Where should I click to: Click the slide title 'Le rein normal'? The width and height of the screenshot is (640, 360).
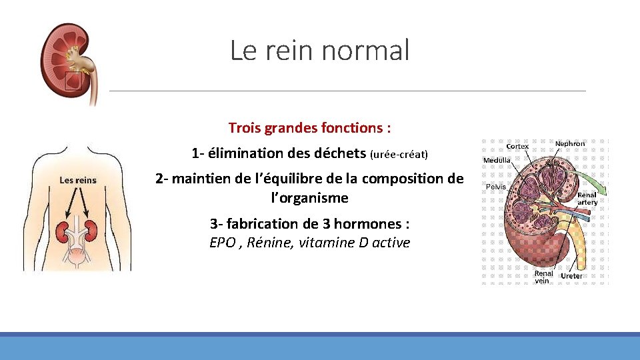pos(319,50)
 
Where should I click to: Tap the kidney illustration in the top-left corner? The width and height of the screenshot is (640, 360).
pos(67,60)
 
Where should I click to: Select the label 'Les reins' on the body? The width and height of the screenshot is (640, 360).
pos(78,180)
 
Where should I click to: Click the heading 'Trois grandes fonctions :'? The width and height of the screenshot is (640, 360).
pos(309,127)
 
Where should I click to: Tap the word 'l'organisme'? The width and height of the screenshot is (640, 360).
pos(309,198)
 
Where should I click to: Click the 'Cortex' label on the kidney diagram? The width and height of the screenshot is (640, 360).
pos(518,146)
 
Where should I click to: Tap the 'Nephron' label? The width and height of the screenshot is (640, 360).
pos(570,143)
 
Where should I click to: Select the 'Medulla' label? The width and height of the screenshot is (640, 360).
pos(497,160)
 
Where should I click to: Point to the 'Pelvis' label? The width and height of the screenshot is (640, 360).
pos(495,187)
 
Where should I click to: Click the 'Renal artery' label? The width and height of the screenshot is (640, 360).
pos(587,199)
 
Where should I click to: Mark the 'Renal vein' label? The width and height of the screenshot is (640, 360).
pos(543,277)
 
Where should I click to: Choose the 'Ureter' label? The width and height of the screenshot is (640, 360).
pos(571,275)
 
